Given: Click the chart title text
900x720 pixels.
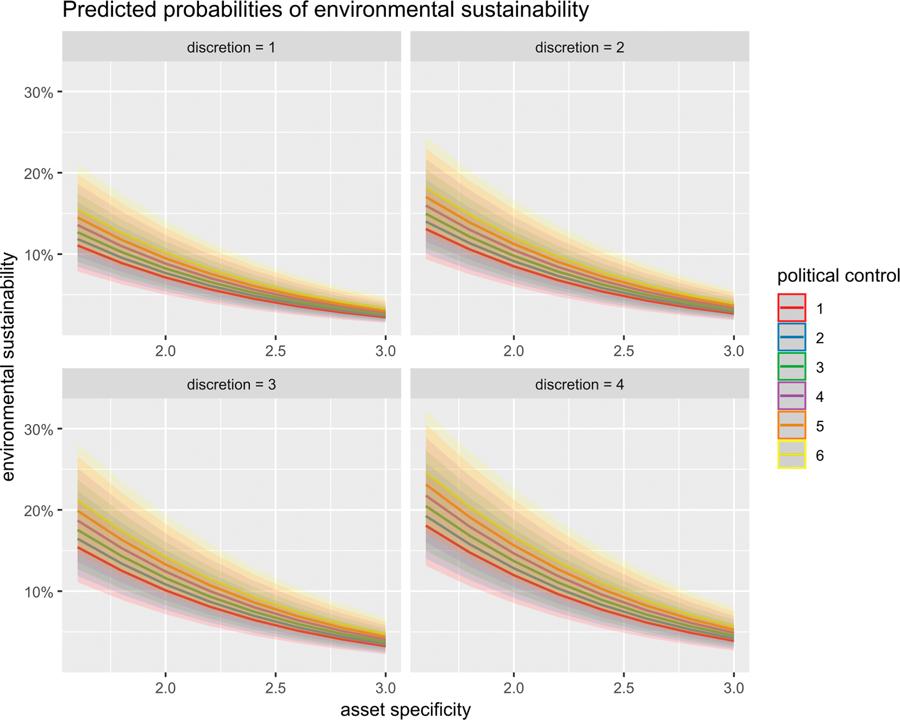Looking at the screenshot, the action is (325, 10).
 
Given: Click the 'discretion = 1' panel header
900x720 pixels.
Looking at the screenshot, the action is (231, 48).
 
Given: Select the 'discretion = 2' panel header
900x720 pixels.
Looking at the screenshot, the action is (579, 48).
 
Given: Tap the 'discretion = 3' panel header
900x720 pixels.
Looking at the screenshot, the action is (231, 385).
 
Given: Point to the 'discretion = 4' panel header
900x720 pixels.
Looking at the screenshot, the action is (579, 385).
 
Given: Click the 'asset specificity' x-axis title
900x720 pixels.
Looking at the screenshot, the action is (405, 709).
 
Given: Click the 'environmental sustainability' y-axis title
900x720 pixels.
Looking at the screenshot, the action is (9, 366).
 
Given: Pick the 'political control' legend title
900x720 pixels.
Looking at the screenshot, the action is (838, 276).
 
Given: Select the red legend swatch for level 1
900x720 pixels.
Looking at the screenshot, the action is (792, 308).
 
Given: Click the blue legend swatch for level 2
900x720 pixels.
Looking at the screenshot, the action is (792, 337).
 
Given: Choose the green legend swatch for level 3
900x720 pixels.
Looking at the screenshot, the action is (792, 366).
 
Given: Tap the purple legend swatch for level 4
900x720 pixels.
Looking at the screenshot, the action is (792, 396).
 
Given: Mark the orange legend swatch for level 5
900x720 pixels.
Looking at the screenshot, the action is (792, 425).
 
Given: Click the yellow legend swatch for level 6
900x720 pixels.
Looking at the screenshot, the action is (792, 454).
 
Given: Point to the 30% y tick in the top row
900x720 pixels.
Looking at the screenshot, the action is (38, 93).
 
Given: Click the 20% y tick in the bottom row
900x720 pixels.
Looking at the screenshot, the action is (38, 511).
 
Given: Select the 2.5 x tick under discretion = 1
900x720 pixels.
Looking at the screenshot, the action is (276, 351).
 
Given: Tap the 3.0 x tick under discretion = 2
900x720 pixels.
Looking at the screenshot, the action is (734, 351).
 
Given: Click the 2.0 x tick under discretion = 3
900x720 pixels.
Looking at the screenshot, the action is (165, 688).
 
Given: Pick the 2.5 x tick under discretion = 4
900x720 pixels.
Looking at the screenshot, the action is (624, 688).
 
